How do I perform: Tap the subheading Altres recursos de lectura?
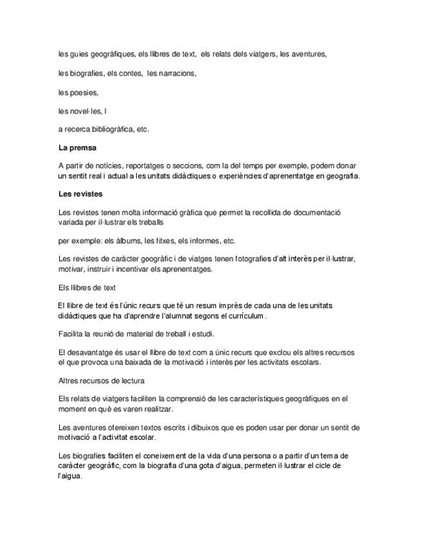click(101, 381)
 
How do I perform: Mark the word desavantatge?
click(89, 353)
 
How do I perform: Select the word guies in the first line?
click(78, 55)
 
